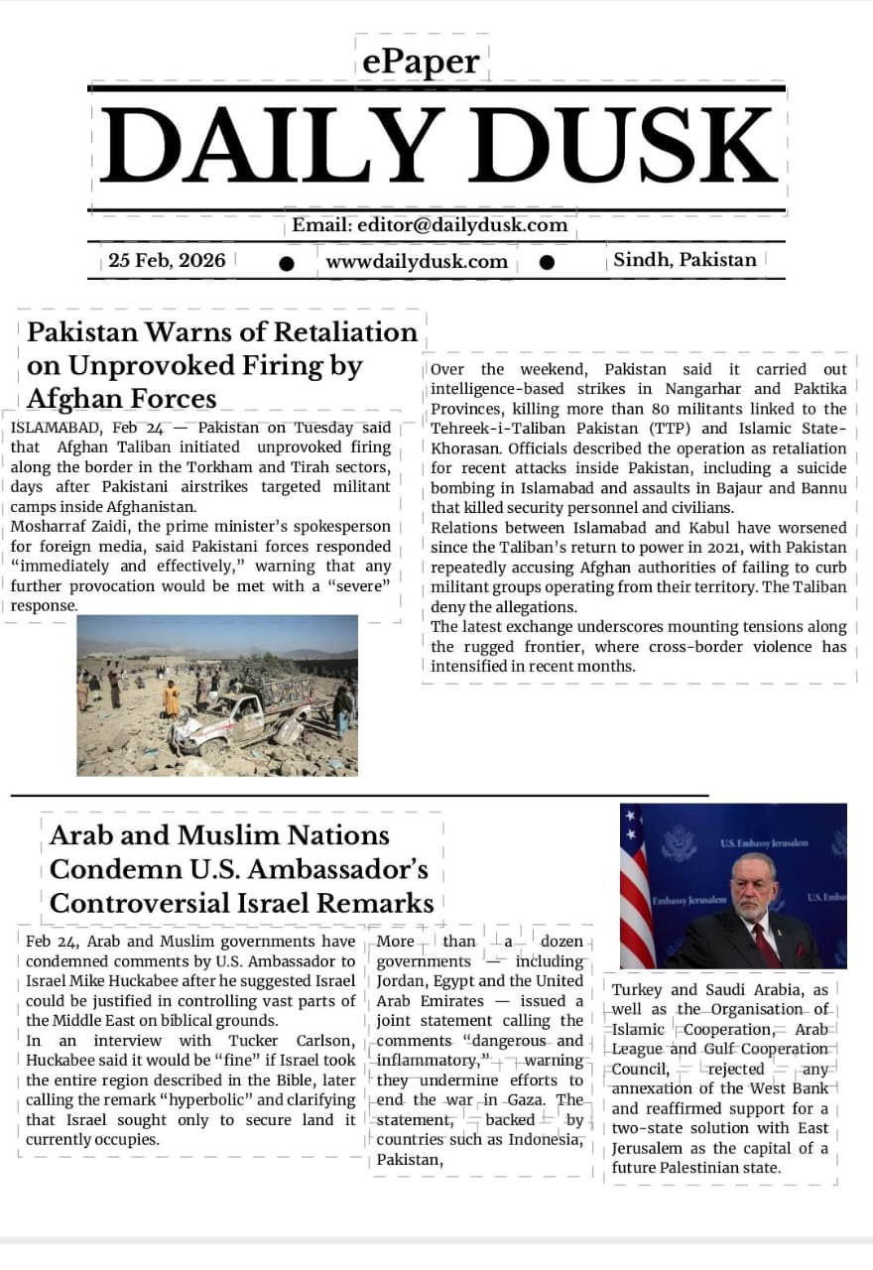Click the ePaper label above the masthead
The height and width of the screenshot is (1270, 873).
[421, 63]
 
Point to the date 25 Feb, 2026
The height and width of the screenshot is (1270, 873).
[167, 261]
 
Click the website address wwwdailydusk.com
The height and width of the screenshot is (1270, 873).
[417, 262]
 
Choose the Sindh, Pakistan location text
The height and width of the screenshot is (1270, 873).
[685, 260]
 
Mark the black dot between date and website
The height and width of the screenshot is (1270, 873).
[287, 263]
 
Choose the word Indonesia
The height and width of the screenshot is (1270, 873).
[542, 1139]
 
